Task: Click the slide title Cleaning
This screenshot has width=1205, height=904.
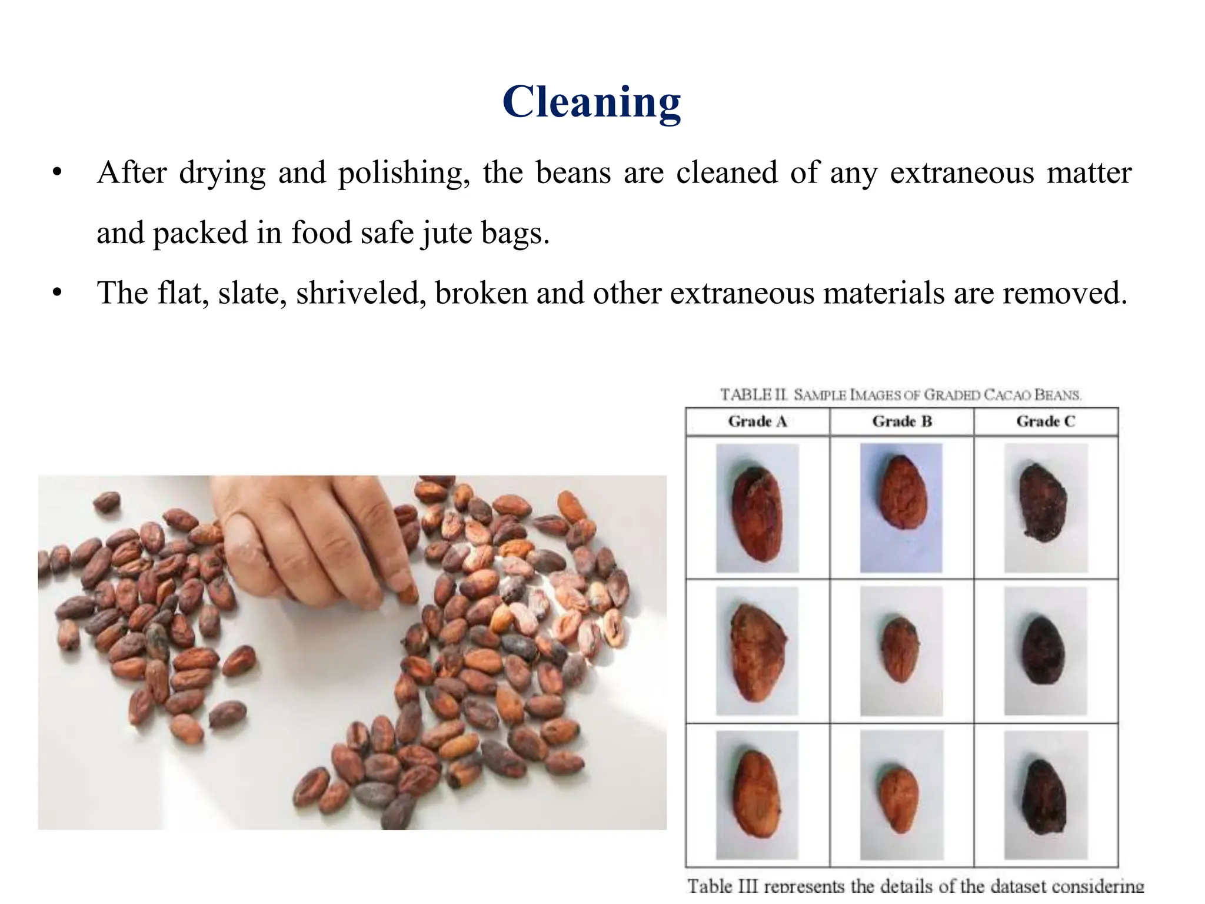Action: pos(591,102)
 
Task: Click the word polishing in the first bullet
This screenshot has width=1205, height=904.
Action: pos(403,174)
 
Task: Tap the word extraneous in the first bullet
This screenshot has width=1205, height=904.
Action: pos(961,174)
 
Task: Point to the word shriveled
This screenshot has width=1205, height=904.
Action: pos(361,293)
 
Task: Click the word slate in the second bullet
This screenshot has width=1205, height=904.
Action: pos(252,293)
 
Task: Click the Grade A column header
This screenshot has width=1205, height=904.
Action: pos(757,421)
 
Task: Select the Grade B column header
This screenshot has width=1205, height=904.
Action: pos(901,421)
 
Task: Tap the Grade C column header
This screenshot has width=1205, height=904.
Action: pos(1046,421)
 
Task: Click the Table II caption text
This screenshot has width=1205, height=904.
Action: pos(900,394)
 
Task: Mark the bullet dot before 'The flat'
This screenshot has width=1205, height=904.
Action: pos(56,293)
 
